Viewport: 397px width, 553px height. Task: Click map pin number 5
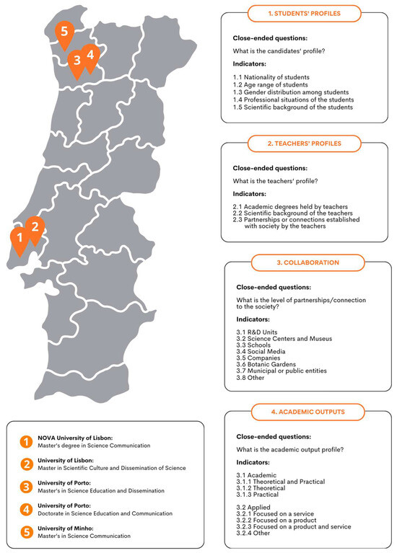point(65,32)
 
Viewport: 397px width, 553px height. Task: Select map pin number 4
point(90,55)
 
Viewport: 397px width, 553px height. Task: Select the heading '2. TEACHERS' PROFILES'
point(295,143)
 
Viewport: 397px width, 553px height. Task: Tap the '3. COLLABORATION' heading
point(295,262)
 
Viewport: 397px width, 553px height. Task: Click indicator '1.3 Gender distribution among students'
point(287,92)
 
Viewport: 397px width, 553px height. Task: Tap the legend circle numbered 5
point(26,531)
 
